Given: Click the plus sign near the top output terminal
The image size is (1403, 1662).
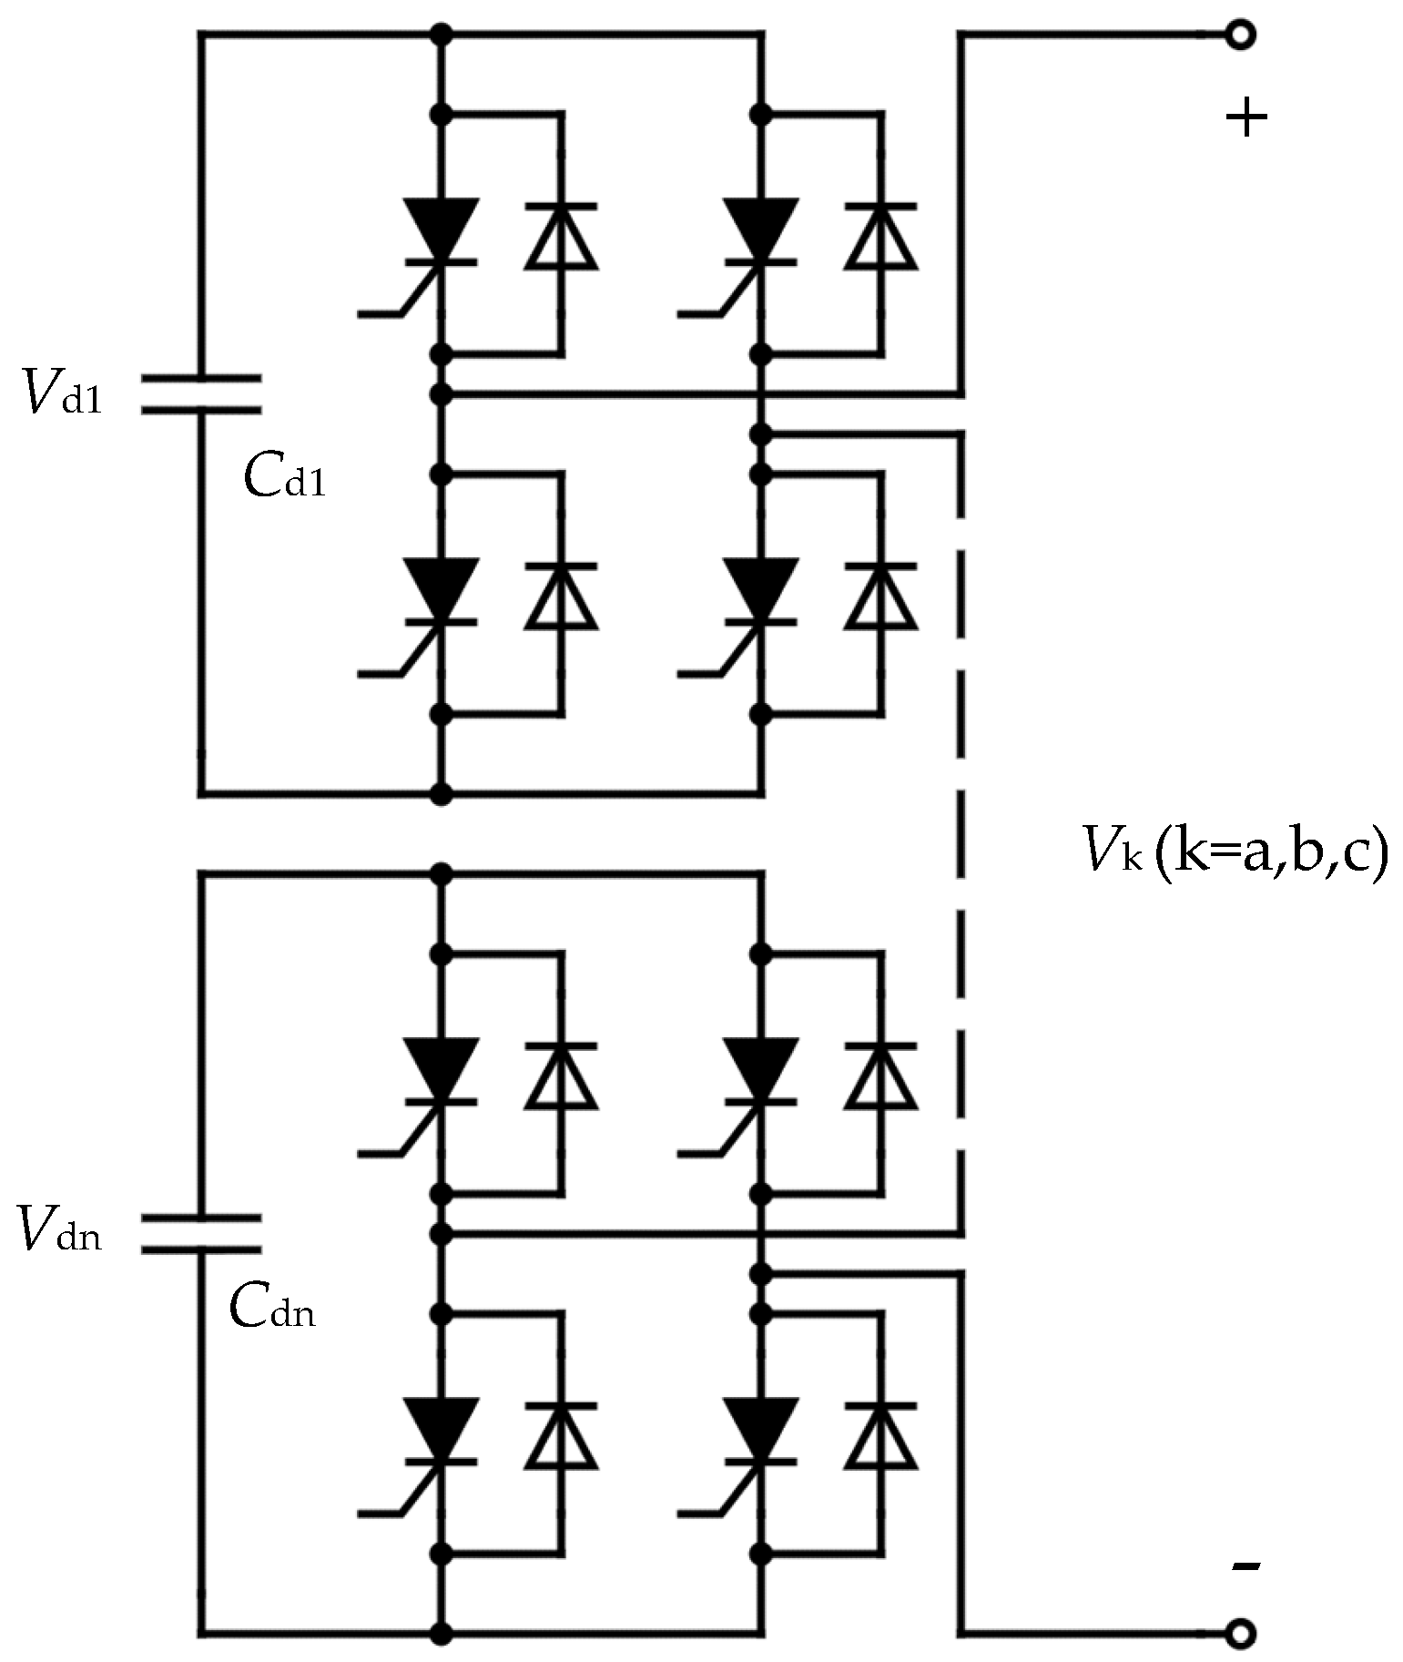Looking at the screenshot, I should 1245,117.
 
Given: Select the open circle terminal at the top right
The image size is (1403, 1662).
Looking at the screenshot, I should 1239,35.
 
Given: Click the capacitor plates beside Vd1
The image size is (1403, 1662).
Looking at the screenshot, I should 200,394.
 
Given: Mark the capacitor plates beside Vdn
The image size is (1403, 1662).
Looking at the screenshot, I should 200,1233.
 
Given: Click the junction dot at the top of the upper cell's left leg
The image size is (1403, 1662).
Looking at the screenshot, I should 442,35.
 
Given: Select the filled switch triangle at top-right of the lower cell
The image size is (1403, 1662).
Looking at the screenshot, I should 760,1067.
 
